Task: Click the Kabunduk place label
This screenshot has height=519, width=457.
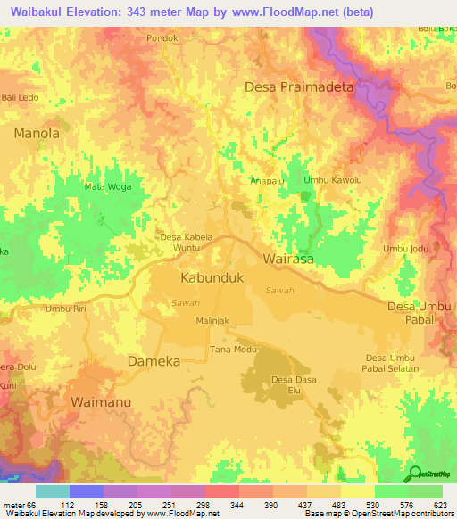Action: (212, 278)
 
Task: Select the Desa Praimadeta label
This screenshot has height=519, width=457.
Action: (300, 87)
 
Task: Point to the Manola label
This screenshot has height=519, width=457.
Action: (37, 133)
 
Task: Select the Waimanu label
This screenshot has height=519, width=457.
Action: (101, 401)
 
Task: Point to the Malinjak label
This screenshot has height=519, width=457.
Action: (213, 320)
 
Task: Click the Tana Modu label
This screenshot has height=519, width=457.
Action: (228, 349)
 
